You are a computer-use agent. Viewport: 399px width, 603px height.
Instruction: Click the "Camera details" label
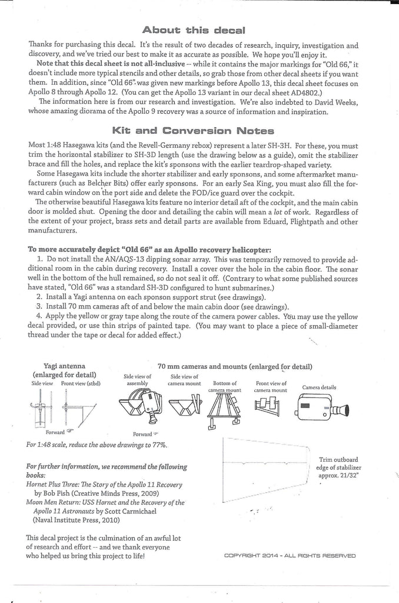pos(319,387)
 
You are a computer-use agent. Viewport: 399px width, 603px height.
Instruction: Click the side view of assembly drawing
pos(139,407)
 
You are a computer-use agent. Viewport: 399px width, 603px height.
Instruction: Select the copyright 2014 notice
pos(290,554)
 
